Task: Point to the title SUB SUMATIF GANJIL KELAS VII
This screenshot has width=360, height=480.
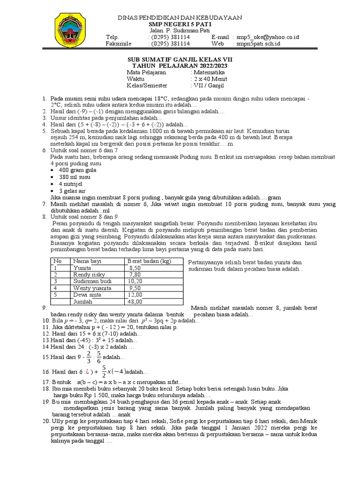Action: point(180,60)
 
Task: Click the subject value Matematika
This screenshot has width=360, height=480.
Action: point(208,73)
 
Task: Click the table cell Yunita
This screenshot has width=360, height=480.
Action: point(82,268)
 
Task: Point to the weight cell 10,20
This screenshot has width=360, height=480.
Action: point(135,281)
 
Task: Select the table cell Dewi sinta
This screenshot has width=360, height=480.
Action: point(88,295)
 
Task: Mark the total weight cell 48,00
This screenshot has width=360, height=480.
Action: point(135,302)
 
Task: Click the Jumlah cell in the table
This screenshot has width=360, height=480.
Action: point(84,302)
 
